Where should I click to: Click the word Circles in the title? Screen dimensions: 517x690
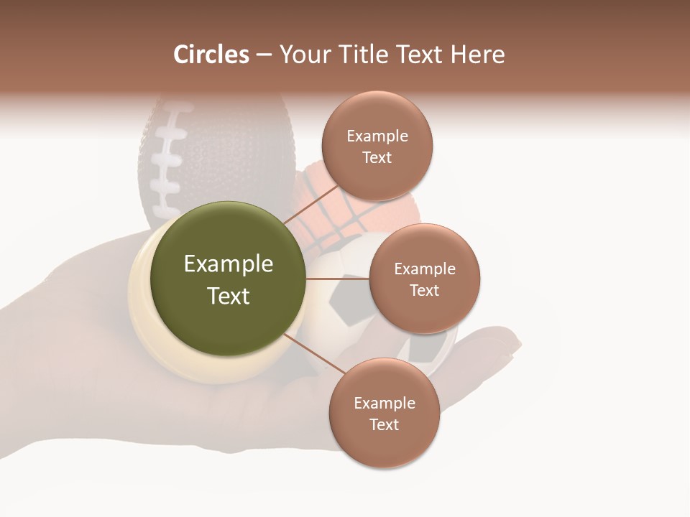click(211, 55)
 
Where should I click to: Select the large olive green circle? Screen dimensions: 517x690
click(228, 279)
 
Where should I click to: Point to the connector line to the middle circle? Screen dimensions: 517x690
click(337, 279)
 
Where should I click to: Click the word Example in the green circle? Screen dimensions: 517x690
click(228, 264)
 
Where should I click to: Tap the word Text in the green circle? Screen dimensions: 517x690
click(228, 296)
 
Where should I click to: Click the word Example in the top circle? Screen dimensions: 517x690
click(377, 136)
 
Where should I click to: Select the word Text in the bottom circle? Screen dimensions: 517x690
click(384, 424)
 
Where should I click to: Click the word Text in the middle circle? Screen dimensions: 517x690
click(424, 290)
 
